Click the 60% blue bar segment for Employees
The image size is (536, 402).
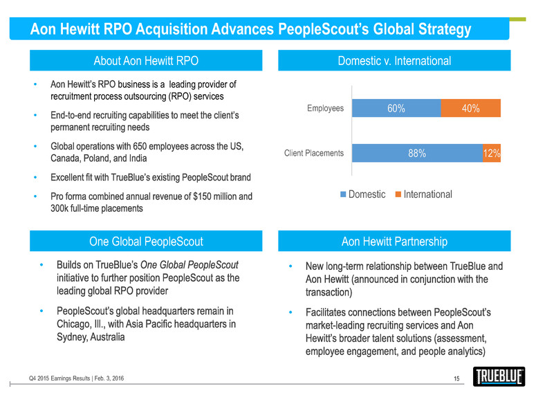(x=396, y=108)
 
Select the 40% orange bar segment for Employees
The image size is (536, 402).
(x=470, y=108)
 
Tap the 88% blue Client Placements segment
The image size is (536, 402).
(x=416, y=154)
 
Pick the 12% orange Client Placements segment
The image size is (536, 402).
(x=492, y=154)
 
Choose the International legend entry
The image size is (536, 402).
(x=423, y=194)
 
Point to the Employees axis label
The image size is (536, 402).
(x=324, y=108)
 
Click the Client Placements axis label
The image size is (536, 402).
(x=314, y=154)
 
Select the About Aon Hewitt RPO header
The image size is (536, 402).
(x=146, y=61)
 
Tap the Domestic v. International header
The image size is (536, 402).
(x=394, y=61)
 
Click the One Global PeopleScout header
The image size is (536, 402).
(x=146, y=241)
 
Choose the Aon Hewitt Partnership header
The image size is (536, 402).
(x=394, y=241)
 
